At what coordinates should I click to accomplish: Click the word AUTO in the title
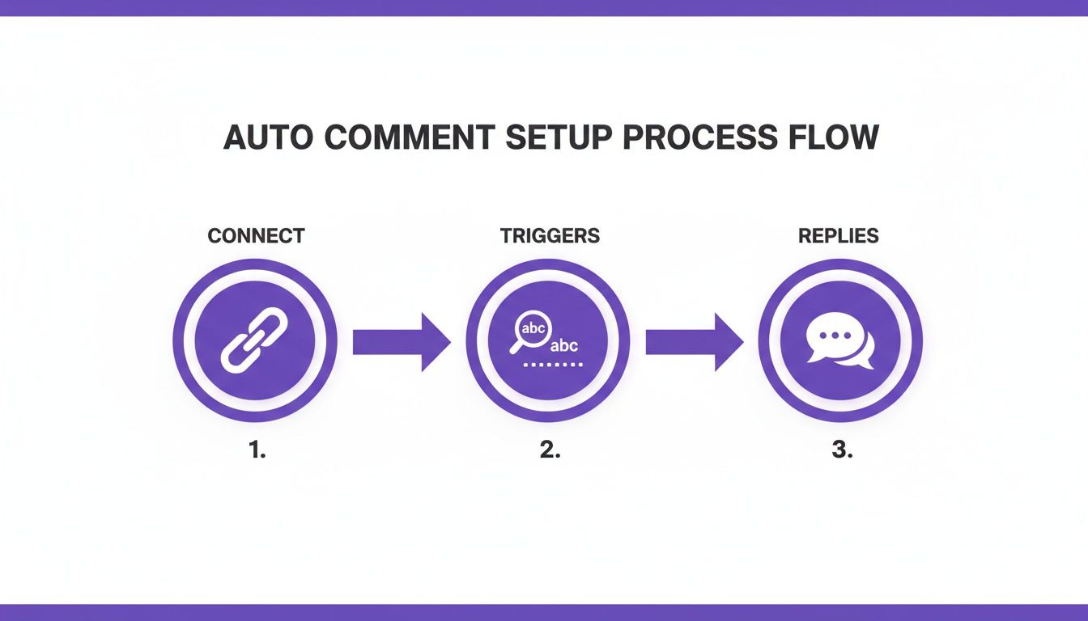pos(268,137)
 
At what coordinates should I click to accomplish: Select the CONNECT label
pos(256,236)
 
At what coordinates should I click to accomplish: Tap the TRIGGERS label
pos(550,236)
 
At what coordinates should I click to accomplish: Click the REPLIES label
pos(838,236)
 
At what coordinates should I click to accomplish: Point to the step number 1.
pos(257,451)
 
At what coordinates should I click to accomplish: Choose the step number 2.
pos(550,451)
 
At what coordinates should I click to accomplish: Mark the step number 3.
pos(842,451)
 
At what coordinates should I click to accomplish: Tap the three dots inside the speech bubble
pos(832,335)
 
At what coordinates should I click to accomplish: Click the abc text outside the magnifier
pos(564,346)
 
